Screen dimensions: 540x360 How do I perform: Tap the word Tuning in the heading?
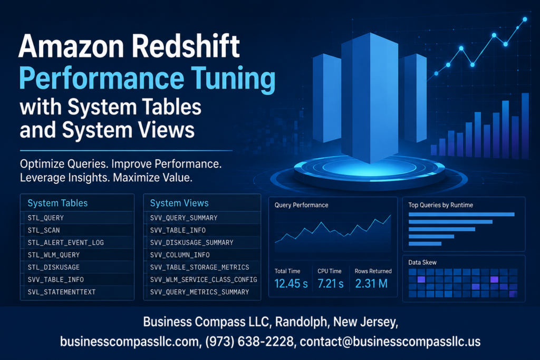pyautogui.click(x=233, y=79)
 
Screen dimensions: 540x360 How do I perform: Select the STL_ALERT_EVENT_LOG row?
pyautogui.click(x=66, y=242)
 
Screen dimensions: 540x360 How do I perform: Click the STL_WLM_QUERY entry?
pyautogui.click(x=54, y=255)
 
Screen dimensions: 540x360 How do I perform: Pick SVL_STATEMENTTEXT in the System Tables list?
pyautogui.click(x=62, y=292)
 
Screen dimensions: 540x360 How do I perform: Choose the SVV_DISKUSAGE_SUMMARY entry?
pyautogui.click(x=192, y=242)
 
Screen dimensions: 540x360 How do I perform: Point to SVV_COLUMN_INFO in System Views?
pyautogui.click(x=180, y=255)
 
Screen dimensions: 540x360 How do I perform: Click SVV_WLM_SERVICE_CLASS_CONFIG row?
pyautogui.click(x=204, y=279)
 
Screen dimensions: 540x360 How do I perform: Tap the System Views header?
pyautogui.click(x=179, y=203)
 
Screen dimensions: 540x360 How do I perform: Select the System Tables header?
pyautogui.click(x=57, y=203)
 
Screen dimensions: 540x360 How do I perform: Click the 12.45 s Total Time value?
pyautogui.click(x=291, y=284)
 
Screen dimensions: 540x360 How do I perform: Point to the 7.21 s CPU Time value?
pyautogui.click(x=331, y=284)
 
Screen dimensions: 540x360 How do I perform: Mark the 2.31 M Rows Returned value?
pyautogui.click(x=371, y=284)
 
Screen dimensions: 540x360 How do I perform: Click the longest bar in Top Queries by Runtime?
pyautogui.click(x=461, y=215)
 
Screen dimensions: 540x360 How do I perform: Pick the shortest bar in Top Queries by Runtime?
pyautogui.click(x=425, y=244)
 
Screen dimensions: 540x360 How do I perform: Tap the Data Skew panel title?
pyautogui.click(x=422, y=262)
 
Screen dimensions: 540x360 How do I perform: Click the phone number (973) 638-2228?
pyautogui.click(x=249, y=342)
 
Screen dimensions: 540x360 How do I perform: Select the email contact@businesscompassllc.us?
pyautogui.click(x=390, y=342)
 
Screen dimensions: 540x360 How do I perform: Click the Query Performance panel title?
pyautogui.click(x=301, y=205)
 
